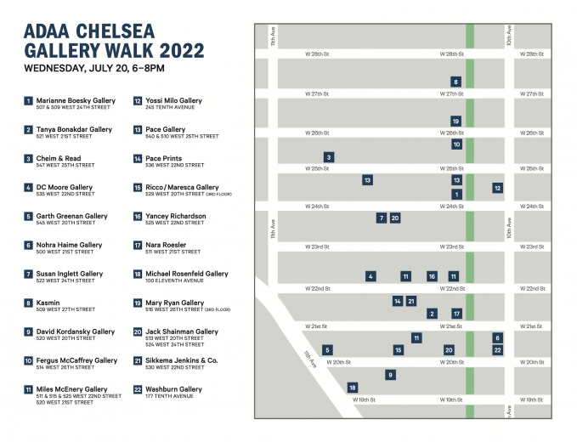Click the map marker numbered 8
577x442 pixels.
coord(455,82)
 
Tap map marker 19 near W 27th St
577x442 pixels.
coord(455,122)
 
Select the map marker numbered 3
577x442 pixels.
coord(329,157)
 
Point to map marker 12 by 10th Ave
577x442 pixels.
coord(497,188)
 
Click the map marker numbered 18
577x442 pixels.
coord(353,388)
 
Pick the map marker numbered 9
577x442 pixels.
coord(390,375)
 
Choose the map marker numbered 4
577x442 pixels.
coord(371,276)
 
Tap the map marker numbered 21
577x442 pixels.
coord(411,301)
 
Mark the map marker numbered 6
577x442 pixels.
coord(497,337)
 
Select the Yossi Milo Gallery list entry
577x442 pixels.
coord(173,100)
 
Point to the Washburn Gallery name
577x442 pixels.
coord(173,389)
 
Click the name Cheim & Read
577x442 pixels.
coord(58,158)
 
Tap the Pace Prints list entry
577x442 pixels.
coord(163,158)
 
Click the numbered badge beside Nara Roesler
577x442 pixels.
coord(138,246)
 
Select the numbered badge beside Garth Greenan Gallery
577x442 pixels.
coord(29,217)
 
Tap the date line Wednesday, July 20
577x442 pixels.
coord(93,67)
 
